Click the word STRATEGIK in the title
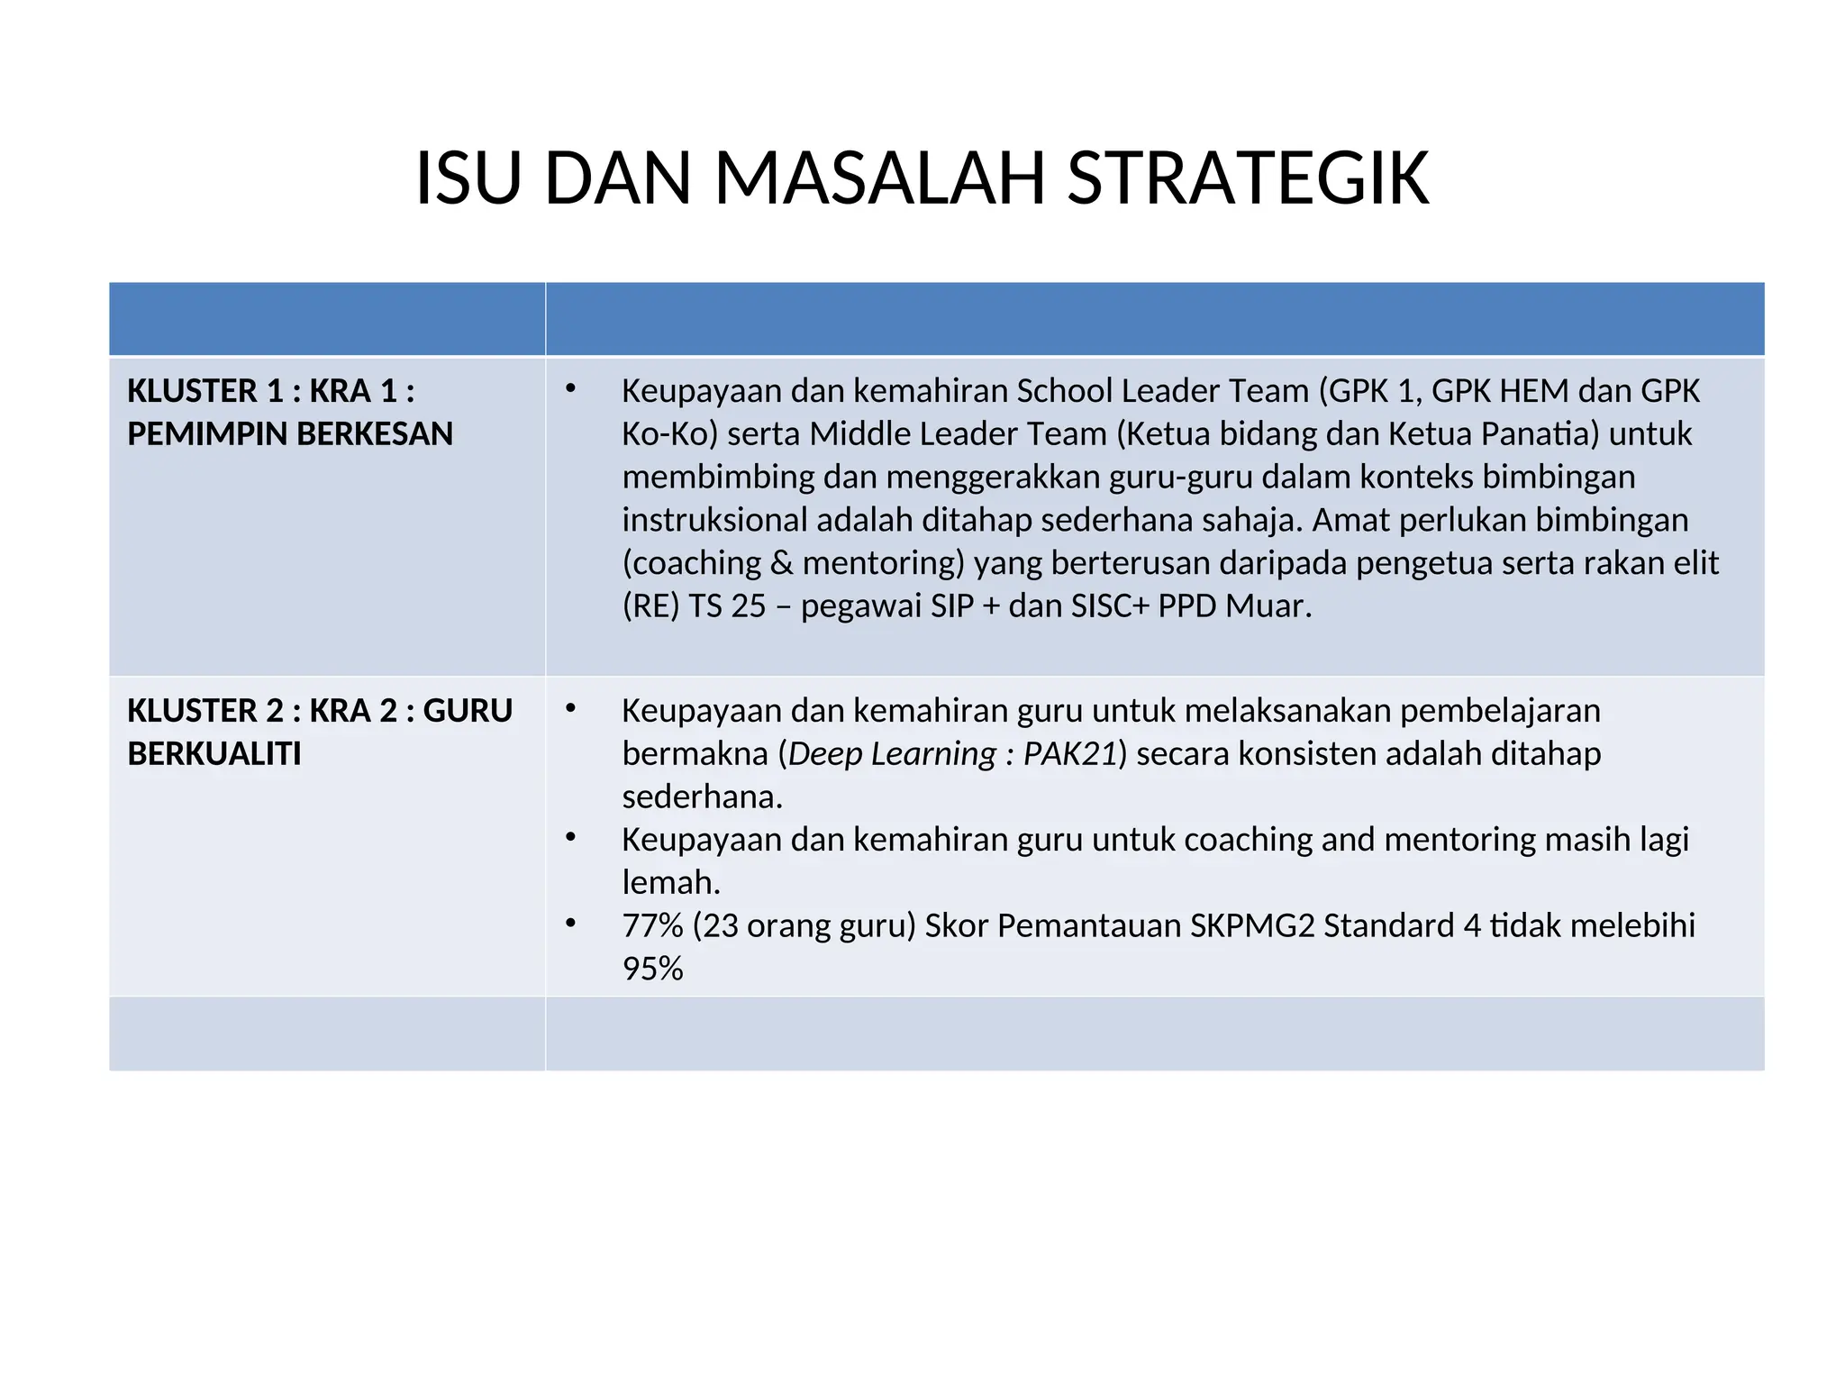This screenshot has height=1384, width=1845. (x=1248, y=178)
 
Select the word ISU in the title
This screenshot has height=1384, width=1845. (x=468, y=178)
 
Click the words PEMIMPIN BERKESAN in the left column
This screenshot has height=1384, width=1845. (x=290, y=434)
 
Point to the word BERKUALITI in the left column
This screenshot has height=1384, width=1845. (x=214, y=754)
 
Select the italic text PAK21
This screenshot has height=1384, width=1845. (x=1070, y=754)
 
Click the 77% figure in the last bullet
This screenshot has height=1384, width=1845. (x=653, y=925)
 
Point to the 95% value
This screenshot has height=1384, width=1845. (x=653, y=969)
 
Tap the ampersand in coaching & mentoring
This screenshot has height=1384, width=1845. (x=782, y=563)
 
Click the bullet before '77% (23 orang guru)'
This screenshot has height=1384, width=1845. (x=570, y=923)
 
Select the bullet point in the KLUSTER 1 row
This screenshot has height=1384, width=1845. (x=570, y=388)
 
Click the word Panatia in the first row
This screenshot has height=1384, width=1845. (x=1541, y=434)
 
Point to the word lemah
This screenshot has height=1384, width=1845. (x=671, y=883)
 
